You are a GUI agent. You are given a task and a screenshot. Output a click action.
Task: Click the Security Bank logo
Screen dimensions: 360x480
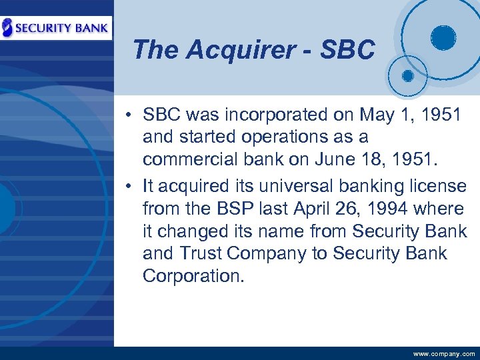56,27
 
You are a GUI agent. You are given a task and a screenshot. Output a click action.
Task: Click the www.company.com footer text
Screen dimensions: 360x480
444,354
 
